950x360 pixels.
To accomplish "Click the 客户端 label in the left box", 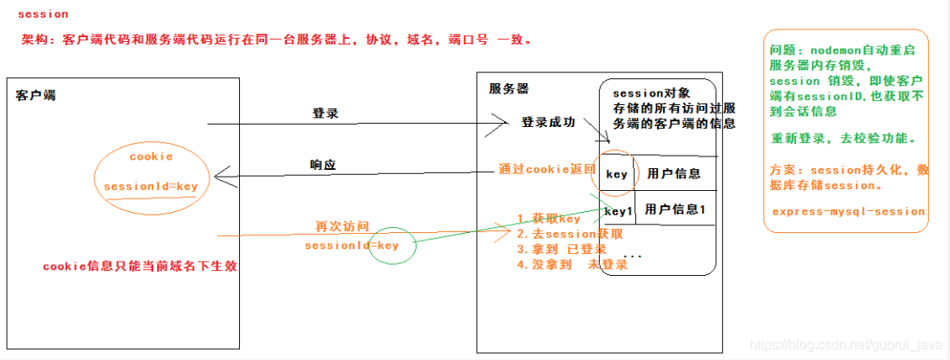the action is coord(36,95).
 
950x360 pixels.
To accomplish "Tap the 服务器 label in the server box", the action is coord(509,88).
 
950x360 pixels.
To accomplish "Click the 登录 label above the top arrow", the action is coord(325,113).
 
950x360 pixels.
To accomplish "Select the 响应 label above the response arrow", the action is coord(323,166).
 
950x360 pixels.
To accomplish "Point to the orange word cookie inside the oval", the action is coord(151,156).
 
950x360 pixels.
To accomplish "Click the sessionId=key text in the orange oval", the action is coord(151,185).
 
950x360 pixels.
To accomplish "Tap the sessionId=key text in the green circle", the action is coord(352,245).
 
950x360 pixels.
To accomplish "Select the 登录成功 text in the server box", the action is coord(549,123).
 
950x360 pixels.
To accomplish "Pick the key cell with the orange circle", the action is coord(617,174).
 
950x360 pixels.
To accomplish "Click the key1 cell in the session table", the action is coord(618,210).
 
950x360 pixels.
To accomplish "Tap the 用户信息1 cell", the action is coord(675,209).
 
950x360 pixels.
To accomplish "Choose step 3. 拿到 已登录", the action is coord(561,250).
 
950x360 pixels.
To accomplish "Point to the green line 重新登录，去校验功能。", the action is coord(844,137).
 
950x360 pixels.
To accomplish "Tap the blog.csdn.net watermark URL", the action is coord(845,345).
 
